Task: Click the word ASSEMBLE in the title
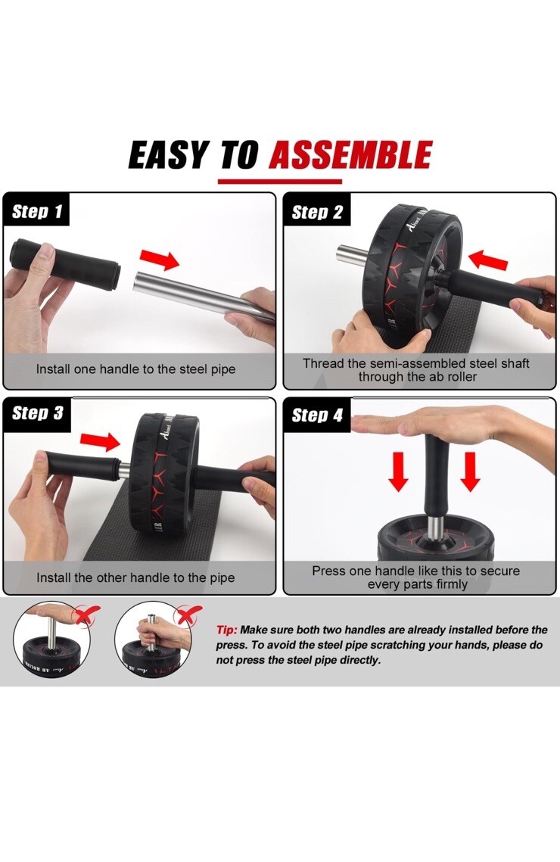pos(350,154)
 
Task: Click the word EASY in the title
pos(170,154)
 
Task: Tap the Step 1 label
pos(37,211)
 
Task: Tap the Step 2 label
pos(317,212)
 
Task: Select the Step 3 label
pos(37,413)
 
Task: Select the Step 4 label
pos(317,415)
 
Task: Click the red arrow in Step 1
pos(160,260)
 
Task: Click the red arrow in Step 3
pos(100,441)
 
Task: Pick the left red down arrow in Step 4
pos(398,471)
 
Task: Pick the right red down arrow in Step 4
pos(470,471)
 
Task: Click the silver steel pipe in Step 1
pos(204,294)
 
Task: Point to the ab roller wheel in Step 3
pos(163,474)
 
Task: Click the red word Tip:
pos(226,630)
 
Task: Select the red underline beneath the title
pos(280,181)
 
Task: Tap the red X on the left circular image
pos(87,614)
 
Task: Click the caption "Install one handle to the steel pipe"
pos(135,369)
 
